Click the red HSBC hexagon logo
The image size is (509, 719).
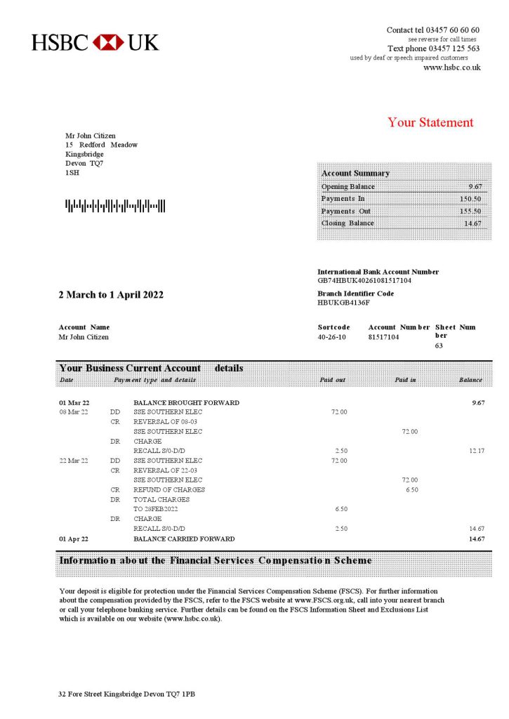click(x=108, y=42)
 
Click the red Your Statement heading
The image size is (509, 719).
click(x=430, y=122)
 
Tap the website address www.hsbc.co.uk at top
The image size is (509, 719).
click(x=451, y=67)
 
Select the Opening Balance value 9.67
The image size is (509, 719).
click(x=475, y=187)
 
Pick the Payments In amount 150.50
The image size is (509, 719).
click(x=470, y=199)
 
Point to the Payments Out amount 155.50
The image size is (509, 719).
click(x=470, y=211)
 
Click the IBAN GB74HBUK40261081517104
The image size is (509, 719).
click(x=364, y=280)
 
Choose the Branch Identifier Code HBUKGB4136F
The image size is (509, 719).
click(x=343, y=303)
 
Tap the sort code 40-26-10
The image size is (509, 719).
click(x=332, y=337)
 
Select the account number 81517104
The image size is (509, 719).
click(x=383, y=337)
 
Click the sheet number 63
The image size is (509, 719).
click(x=439, y=345)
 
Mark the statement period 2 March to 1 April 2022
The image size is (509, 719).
click(x=111, y=295)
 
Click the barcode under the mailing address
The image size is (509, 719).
click(x=115, y=206)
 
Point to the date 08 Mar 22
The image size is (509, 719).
click(x=74, y=411)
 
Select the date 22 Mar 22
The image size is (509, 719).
click(x=74, y=461)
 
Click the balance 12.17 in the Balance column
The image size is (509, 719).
click(x=477, y=451)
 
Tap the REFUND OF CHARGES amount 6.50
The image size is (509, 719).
click(x=411, y=489)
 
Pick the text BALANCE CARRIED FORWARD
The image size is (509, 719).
click(x=184, y=539)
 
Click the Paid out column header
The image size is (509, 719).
click(x=332, y=380)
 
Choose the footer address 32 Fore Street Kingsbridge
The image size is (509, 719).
click(x=126, y=694)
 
